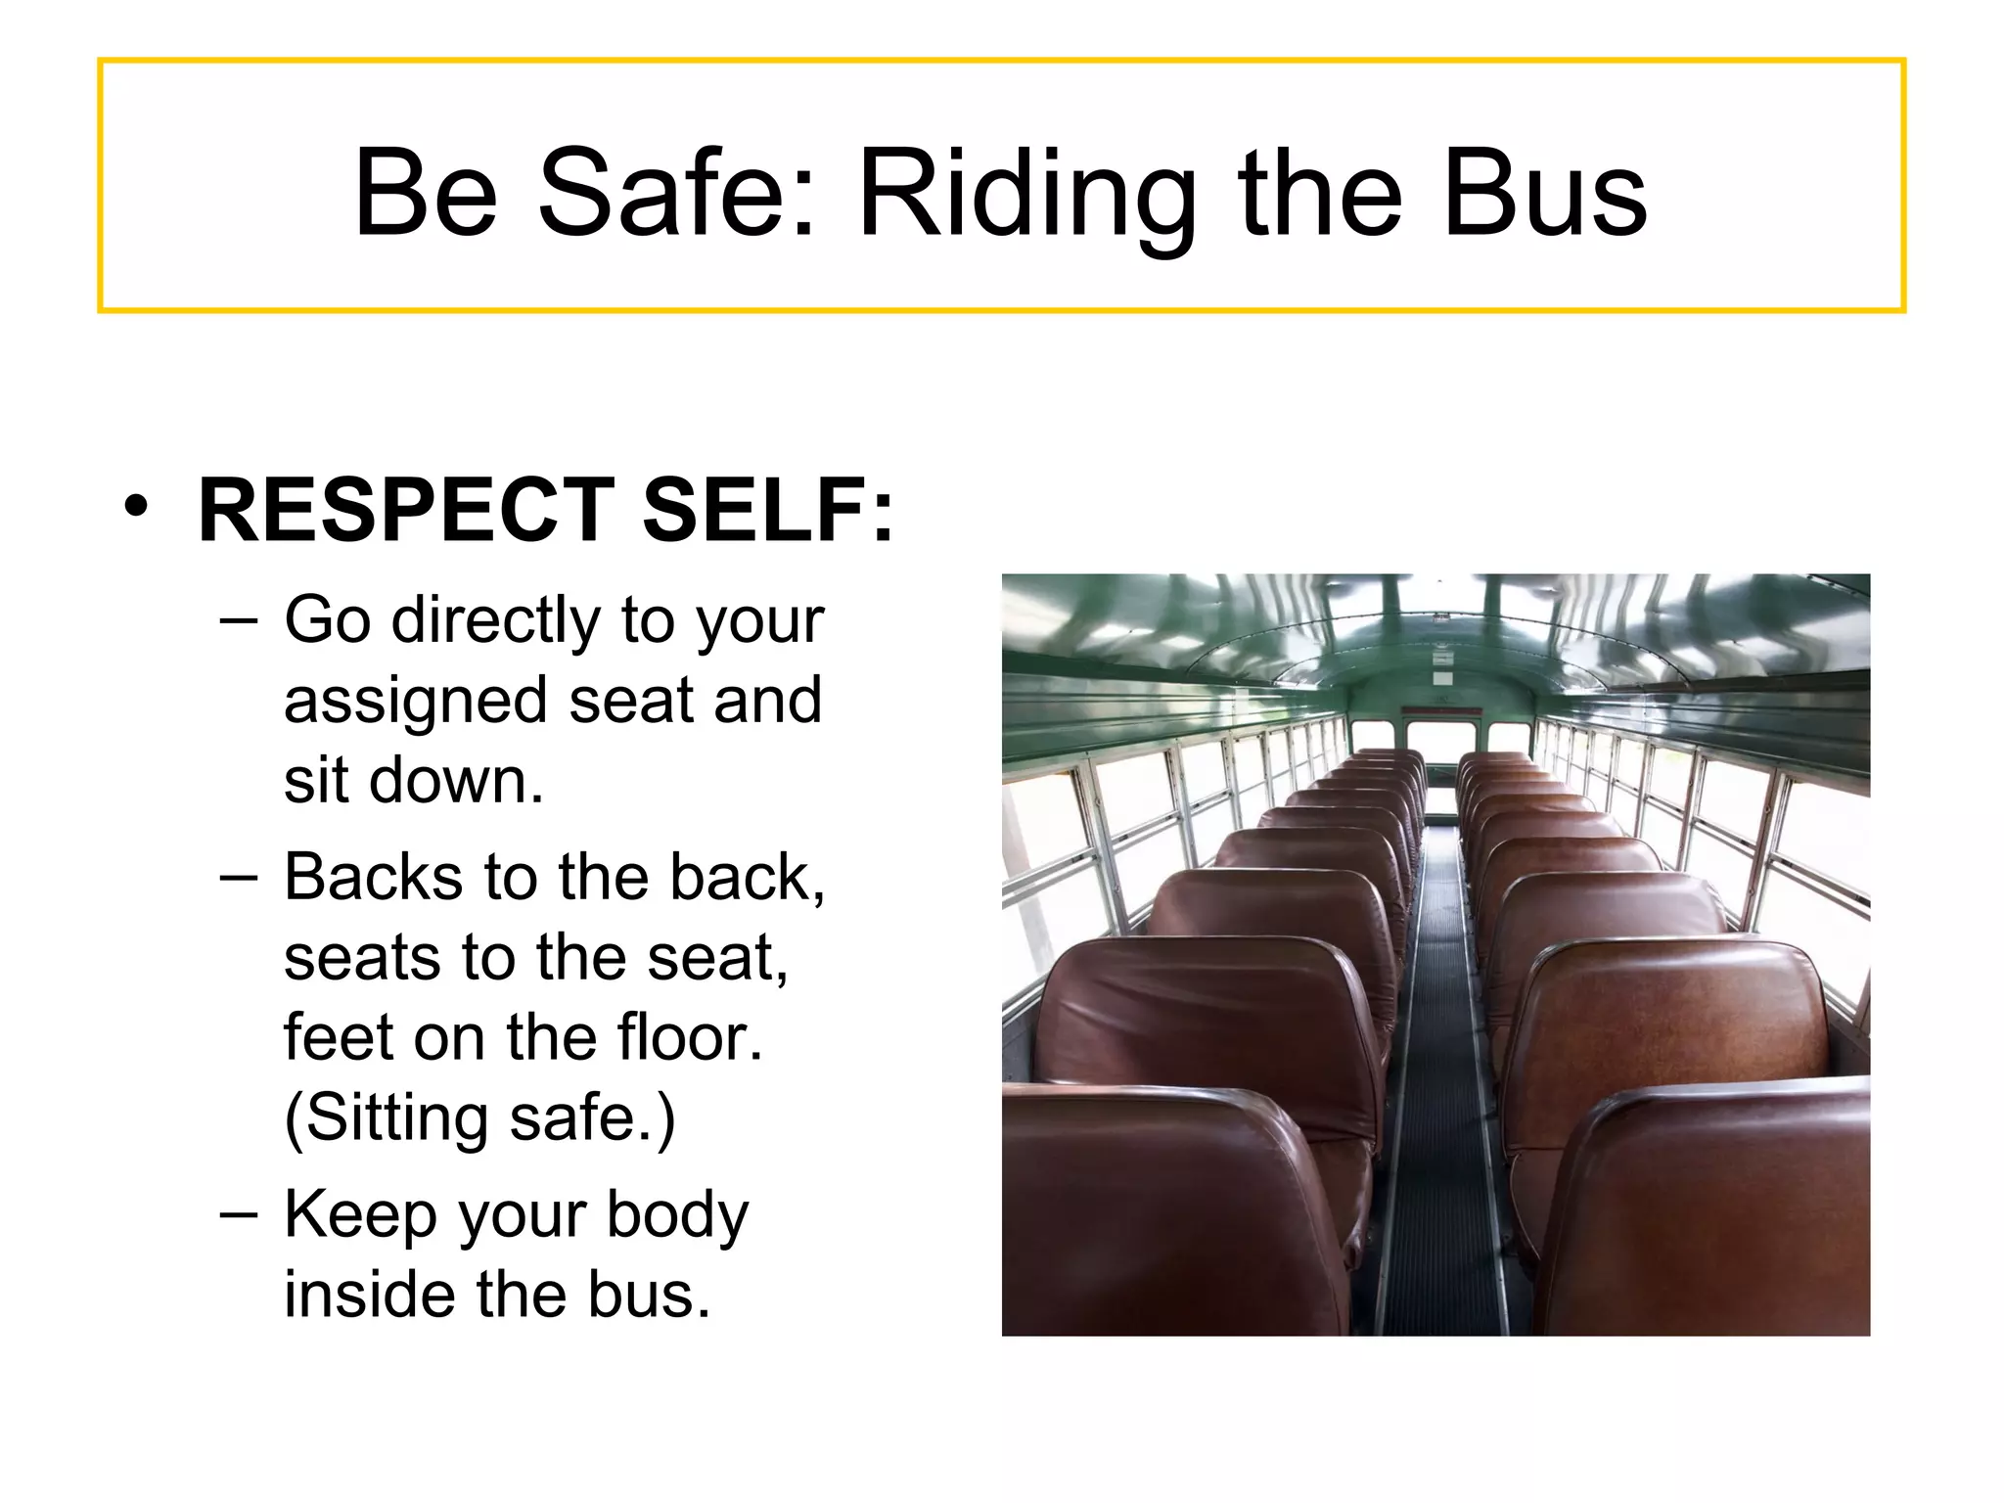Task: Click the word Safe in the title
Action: click(675, 193)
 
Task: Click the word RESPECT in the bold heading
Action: click(406, 511)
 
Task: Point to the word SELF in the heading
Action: click(767, 511)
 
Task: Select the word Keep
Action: click(358, 1215)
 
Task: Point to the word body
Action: click(677, 1215)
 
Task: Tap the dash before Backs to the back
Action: click(239, 877)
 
